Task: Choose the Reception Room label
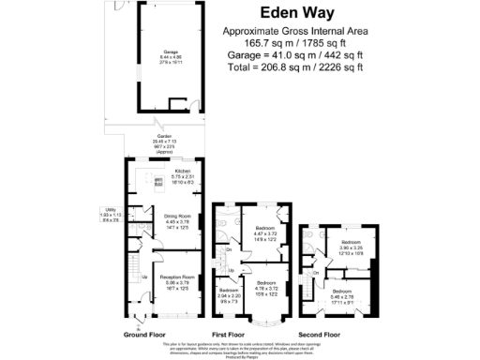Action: pyautogui.click(x=175, y=280)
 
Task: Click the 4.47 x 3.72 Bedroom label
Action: pyautogui.click(x=265, y=231)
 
